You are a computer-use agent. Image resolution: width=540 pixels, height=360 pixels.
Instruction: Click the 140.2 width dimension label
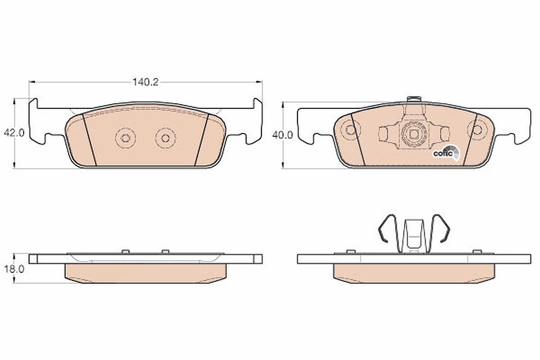(146, 82)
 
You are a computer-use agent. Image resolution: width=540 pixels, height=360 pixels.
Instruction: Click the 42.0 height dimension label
(14, 133)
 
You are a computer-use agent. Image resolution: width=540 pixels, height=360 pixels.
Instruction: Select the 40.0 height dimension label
(283, 135)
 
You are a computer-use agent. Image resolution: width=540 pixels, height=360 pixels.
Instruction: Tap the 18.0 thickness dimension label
(14, 269)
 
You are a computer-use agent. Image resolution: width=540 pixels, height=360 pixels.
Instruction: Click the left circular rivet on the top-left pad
(126, 138)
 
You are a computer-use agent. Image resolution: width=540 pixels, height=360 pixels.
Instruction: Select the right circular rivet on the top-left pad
(166, 138)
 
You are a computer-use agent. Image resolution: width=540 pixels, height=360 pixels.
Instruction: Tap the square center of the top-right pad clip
(414, 134)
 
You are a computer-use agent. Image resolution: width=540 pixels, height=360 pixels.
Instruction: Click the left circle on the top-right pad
(350, 130)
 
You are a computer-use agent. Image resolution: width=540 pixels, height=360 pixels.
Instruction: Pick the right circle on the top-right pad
(477, 130)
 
